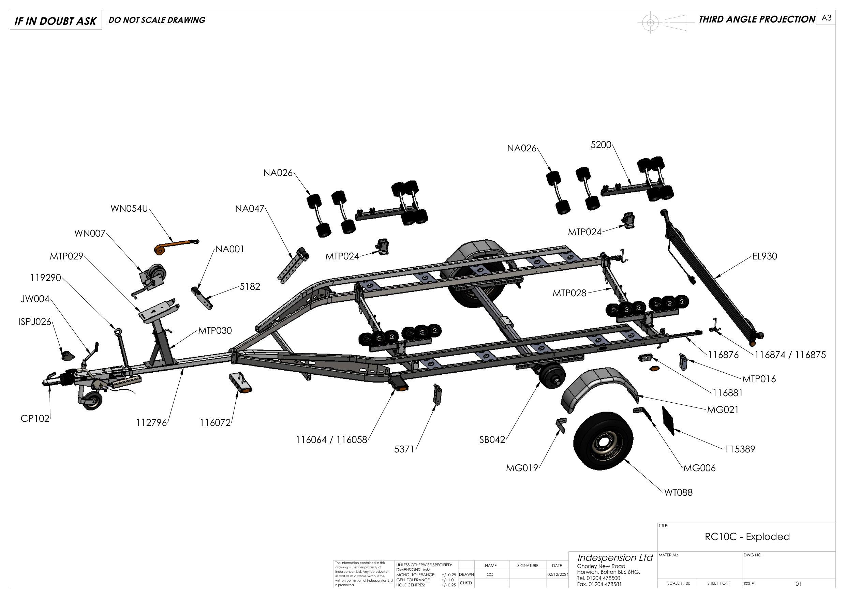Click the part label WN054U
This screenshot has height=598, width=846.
[x=129, y=209]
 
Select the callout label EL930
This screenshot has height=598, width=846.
[x=765, y=256]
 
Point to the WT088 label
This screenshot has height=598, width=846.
[x=678, y=493]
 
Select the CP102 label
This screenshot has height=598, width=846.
[x=35, y=419]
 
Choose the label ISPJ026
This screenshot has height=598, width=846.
[x=35, y=322]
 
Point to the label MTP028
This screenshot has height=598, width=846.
[x=569, y=293]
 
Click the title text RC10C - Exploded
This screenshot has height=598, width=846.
[x=747, y=537]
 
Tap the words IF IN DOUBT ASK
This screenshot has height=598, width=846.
[x=55, y=21]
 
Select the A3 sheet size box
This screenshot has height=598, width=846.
[x=827, y=18]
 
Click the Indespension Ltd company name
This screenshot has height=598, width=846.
[x=614, y=557]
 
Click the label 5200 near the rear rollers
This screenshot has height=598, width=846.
[x=601, y=145]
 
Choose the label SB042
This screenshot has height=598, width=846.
[x=492, y=440]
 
